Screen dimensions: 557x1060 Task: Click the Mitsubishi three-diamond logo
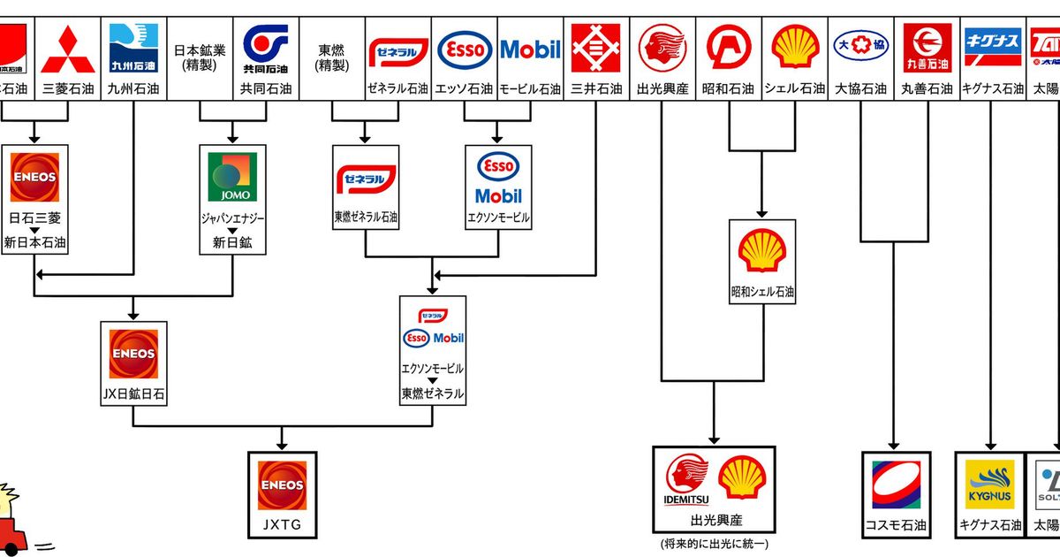click(x=67, y=49)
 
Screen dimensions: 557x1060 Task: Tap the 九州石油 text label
click(x=132, y=89)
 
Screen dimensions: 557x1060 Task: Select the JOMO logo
click(x=232, y=177)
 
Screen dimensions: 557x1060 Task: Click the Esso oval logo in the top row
click(x=465, y=48)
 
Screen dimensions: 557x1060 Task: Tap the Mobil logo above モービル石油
click(x=530, y=49)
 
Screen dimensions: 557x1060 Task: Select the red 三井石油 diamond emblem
click(x=597, y=49)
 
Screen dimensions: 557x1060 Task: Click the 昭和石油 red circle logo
click(x=729, y=49)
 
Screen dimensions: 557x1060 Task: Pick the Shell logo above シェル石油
click(x=795, y=49)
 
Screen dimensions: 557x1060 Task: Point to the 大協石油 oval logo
click(x=861, y=44)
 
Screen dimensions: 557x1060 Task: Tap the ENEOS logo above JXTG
click(x=282, y=485)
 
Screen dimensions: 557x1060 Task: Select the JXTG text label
click(x=282, y=524)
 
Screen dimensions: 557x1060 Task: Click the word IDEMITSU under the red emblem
click(x=686, y=500)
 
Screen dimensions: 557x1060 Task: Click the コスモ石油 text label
click(x=896, y=525)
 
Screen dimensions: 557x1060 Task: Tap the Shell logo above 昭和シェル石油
click(x=762, y=250)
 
